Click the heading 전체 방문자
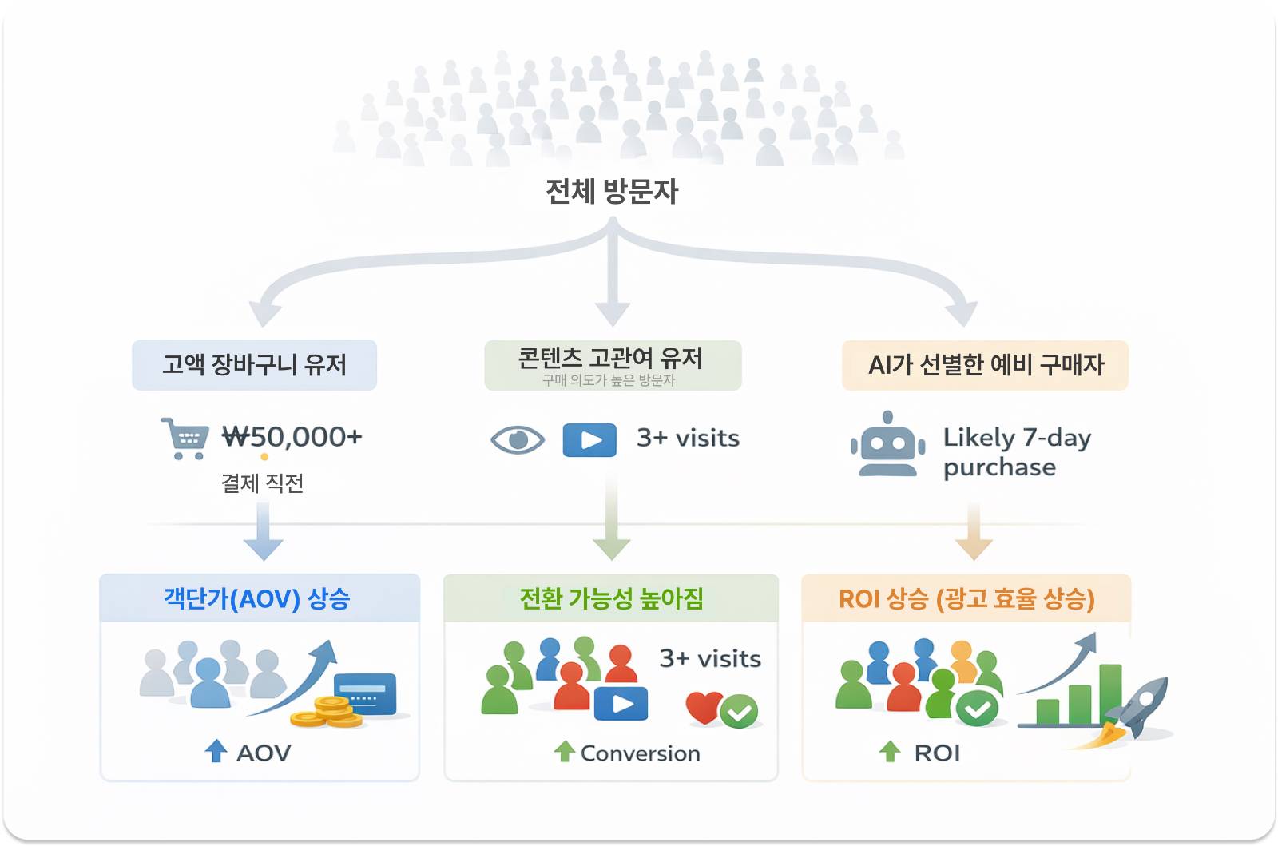coord(612,192)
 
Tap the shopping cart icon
coord(185,438)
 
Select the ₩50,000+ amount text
coord(292,437)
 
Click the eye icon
coord(518,439)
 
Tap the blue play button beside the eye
coord(589,439)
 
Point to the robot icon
coord(887,445)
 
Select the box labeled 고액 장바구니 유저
coord(254,365)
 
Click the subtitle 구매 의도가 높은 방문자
coord(609,380)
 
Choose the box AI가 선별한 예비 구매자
coord(985,365)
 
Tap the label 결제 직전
coord(262,483)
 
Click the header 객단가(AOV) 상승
coord(257,598)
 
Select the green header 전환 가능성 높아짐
coord(611,598)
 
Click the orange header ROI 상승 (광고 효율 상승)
coord(966,598)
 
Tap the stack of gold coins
coord(328,712)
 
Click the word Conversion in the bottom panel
coord(640,753)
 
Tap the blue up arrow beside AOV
coord(216,751)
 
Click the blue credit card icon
coord(365,693)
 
